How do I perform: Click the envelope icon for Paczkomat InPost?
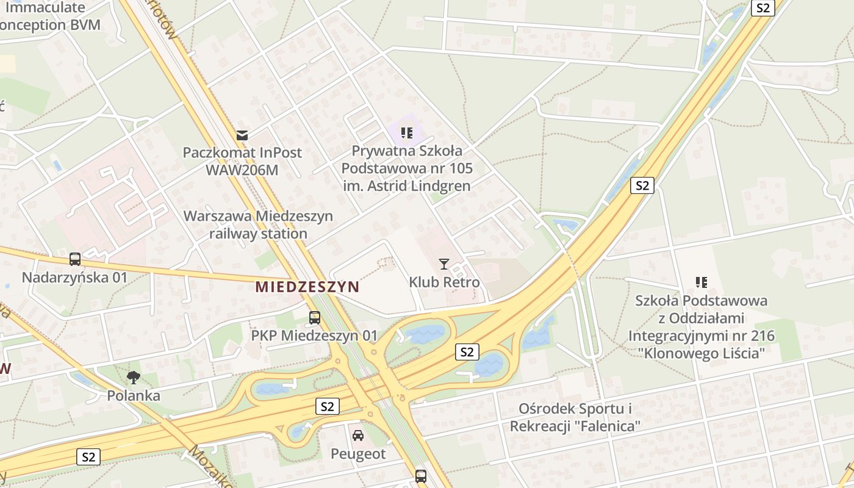pos(243,135)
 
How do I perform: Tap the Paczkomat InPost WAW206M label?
pos(242,161)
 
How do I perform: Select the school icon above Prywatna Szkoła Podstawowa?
pos(407,133)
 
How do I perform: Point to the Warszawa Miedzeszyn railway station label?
pos(258,224)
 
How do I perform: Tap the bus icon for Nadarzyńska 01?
pos(75,259)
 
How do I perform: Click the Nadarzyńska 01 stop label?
pos(75,278)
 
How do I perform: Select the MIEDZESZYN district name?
pos(307,287)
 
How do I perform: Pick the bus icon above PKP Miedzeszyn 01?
pos(315,317)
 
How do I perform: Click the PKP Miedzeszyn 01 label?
pos(315,335)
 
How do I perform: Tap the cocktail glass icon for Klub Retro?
pos(444,264)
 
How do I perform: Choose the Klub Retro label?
pos(444,282)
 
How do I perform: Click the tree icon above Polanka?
pos(134,378)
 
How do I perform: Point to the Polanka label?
pos(134,396)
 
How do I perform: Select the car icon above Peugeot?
pos(358,436)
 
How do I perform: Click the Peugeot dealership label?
pos(358,454)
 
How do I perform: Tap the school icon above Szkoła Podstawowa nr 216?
pos(701,282)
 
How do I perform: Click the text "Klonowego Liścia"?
pos(701,353)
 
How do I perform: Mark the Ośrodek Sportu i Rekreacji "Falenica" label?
pos(575,417)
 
